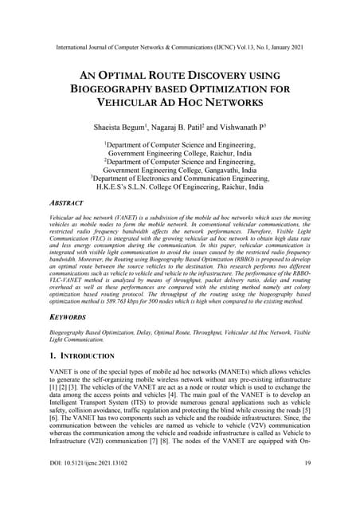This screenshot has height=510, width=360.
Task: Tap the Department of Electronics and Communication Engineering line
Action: coord(180,179)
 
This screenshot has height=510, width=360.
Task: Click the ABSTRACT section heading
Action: coord(70,202)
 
